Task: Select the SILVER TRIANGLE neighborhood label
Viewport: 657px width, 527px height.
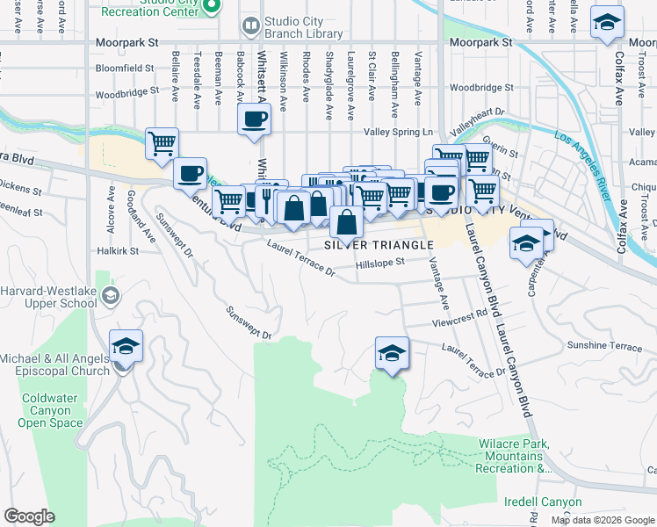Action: point(379,244)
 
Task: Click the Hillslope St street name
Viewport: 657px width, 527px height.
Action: point(379,262)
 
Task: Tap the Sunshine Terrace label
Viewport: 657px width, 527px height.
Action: point(604,346)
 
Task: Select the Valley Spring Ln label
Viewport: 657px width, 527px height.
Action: point(399,132)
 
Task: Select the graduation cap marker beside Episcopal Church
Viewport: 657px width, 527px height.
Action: point(126,346)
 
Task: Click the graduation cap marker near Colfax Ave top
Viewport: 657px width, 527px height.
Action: point(606,22)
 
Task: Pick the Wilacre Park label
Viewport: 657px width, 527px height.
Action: point(510,457)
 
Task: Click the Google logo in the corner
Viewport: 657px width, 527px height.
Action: point(29,516)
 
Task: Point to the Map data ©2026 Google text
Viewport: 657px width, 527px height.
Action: point(603,520)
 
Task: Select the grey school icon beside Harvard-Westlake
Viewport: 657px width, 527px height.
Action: point(110,298)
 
